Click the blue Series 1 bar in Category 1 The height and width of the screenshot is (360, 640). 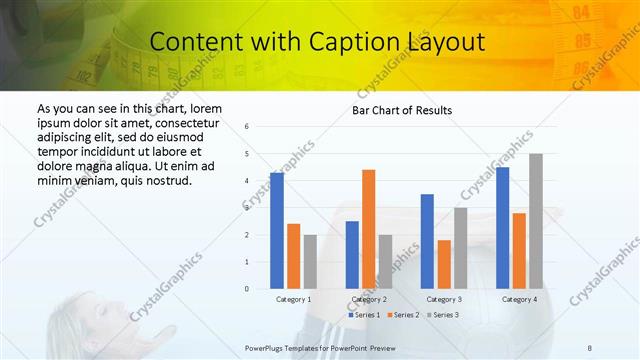pyautogui.click(x=277, y=231)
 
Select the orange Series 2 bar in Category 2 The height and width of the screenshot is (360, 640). pyautogui.click(x=368, y=229)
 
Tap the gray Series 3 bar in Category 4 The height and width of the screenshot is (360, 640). pyautogui.click(x=536, y=221)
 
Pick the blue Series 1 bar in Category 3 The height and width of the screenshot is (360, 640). pyautogui.click(x=427, y=241)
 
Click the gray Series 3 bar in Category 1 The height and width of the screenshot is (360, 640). pyautogui.click(x=310, y=262)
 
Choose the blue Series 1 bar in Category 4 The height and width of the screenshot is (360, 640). pyautogui.click(x=502, y=228)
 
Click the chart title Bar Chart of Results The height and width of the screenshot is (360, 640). pyautogui.click(x=402, y=110)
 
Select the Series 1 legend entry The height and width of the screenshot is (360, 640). pyautogui.click(x=364, y=315)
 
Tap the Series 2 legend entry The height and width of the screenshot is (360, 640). pyautogui.click(x=403, y=315)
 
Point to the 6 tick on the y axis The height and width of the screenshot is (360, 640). pyautogui.click(x=261, y=127)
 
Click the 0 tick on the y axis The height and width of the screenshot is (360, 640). pyautogui.click(x=261, y=289)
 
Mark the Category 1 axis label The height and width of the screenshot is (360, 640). pyautogui.click(x=294, y=299)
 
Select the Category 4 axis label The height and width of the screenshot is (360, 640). pyautogui.click(x=519, y=299)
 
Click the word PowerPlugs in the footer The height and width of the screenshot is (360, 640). pyautogui.click(x=267, y=346)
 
